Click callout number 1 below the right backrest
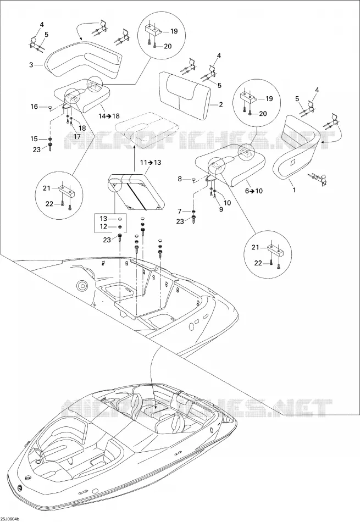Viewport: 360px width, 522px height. click(293, 190)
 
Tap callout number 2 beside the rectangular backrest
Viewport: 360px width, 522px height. click(220, 104)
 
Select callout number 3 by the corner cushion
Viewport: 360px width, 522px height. click(31, 65)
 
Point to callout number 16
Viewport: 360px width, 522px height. click(34, 107)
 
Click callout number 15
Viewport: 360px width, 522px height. click(34, 139)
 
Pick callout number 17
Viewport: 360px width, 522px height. click(77, 136)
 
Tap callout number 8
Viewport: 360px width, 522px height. click(180, 179)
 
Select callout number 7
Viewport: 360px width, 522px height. click(180, 212)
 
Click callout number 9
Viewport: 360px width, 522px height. click(221, 209)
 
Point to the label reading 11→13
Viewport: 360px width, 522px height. click(150, 163)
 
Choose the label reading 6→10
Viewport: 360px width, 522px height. click(254, 191)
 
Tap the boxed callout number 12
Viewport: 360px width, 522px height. click(103, 227)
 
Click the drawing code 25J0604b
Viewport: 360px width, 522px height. click(10, 519)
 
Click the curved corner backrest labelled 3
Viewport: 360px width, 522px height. click(83, 59)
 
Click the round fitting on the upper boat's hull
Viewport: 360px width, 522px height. click(81, 285)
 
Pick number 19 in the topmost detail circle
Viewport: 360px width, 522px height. click(174, 31)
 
